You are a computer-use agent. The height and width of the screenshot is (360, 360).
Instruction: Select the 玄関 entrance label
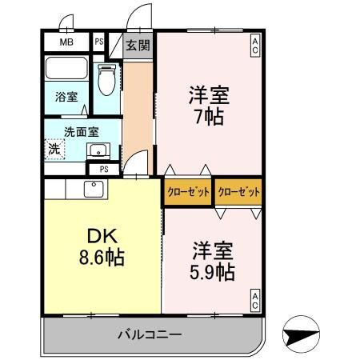[137, 45]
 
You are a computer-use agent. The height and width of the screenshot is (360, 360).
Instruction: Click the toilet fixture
[106, 80]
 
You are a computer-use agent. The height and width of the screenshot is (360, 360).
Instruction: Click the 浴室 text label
[66, 97]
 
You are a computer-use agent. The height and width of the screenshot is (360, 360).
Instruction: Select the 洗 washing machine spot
[54, 148]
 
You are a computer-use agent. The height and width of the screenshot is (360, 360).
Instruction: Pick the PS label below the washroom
[104, 169]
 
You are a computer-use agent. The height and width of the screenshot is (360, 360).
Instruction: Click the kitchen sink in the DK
[93, 189]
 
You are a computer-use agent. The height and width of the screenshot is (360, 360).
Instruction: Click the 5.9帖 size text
[212, 271]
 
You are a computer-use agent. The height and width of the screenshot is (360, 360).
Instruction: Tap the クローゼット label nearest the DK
[188, 192]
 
